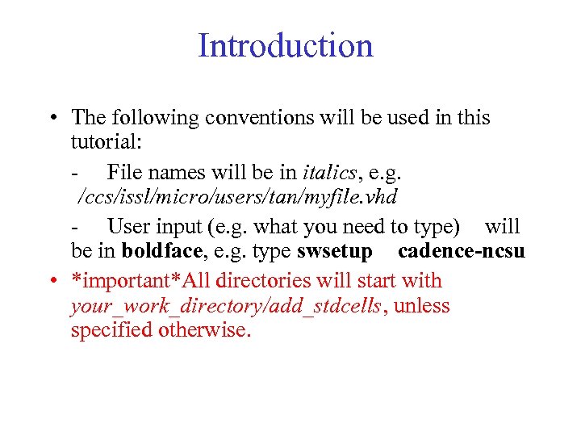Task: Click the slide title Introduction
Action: (286, 45)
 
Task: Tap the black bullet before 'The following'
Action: (50, 118)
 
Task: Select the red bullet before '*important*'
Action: (50, 281)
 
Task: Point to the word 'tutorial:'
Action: (107, 143)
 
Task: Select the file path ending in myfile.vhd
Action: (237, 196)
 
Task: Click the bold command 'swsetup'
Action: (334, 251)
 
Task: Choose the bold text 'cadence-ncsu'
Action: (462, 251)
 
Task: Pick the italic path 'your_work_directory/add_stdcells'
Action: (225, 307)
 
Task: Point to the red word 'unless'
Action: (422, 307)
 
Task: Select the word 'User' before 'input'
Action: (127, 226)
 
